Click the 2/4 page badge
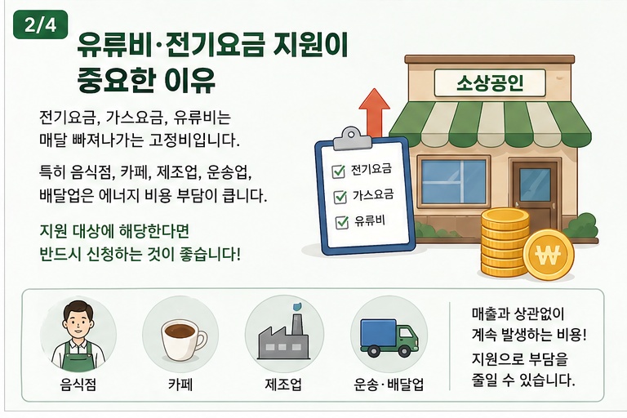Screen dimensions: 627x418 40,24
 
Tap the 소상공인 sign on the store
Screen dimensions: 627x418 490,82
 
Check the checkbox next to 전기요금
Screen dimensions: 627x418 338,171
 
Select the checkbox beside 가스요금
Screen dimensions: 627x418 340,197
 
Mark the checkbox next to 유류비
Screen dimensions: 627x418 342,222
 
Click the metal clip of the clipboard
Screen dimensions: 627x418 350,138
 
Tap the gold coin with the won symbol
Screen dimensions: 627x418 549,255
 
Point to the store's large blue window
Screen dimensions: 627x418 454,182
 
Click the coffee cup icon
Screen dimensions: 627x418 183,340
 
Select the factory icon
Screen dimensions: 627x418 283,337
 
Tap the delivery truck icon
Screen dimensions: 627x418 389,337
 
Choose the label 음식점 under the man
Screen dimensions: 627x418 78,385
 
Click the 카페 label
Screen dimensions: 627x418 180,385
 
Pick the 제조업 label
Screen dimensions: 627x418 283,385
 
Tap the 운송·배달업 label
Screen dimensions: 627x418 389,385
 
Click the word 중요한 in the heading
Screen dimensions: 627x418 116,80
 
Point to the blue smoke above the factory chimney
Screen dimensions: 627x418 296,307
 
